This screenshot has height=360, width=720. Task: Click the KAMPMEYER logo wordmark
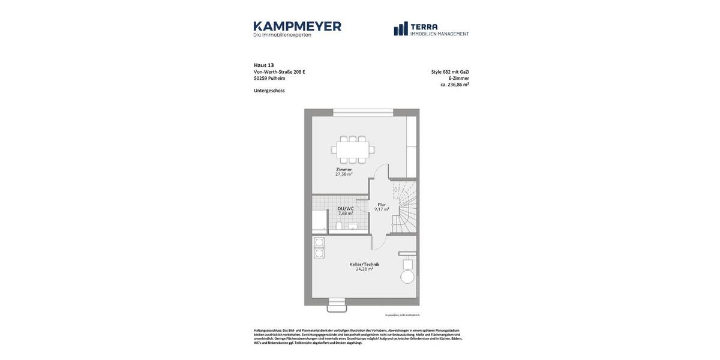point(297,26)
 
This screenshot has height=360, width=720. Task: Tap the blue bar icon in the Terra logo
point(401,29)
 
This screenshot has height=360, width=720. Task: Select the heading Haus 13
point(263,65)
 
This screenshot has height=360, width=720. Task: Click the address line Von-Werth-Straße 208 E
point(279,72)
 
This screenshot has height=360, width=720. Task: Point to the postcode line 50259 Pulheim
point(269,79)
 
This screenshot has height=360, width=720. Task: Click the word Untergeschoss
point(269,91)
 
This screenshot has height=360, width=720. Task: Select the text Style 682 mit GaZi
point(450,72)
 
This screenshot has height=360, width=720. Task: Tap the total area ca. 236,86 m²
point(454,85)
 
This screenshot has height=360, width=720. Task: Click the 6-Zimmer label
point(458,79)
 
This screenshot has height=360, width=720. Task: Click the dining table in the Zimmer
point(352,149)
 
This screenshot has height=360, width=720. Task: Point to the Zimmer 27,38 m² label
point(344,172)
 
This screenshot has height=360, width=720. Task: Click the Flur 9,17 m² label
point(382,207)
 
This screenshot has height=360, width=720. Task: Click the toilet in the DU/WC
point(338,226)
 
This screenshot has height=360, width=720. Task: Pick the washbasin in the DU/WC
point(353,227)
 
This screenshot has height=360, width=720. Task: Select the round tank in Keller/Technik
point(407,277)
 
